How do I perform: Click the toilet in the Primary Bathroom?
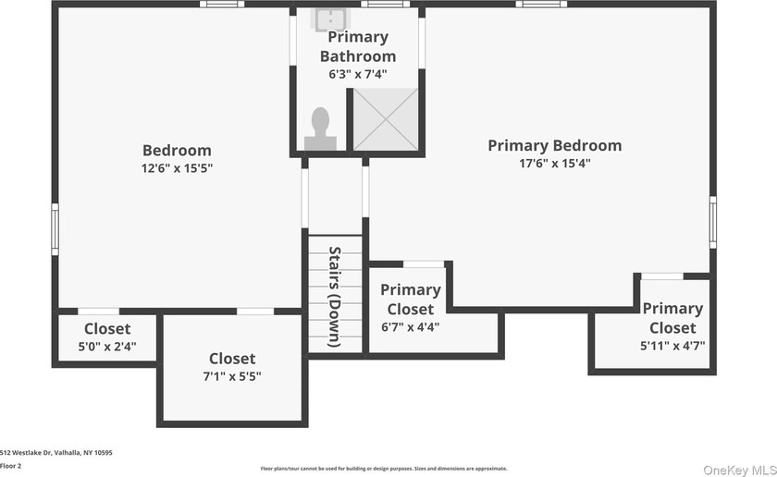321,128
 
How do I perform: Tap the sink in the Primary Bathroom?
330,19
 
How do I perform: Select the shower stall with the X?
385,119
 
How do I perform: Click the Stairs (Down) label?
335,296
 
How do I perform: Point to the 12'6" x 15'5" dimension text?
177,168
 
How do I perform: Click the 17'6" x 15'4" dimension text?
554,164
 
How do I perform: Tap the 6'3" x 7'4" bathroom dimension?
358,75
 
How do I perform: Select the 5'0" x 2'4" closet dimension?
107,347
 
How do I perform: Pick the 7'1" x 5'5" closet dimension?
232,376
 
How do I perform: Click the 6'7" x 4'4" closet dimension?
411,327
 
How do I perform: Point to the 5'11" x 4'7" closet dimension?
672,346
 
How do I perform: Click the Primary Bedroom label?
554,146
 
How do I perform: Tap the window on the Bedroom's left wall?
55,229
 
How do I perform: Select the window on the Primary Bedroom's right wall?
712,222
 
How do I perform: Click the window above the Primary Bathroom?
386,4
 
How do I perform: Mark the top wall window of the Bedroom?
222,4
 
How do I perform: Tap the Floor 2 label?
10,466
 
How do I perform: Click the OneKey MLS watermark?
739,470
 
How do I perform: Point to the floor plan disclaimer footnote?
384,469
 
